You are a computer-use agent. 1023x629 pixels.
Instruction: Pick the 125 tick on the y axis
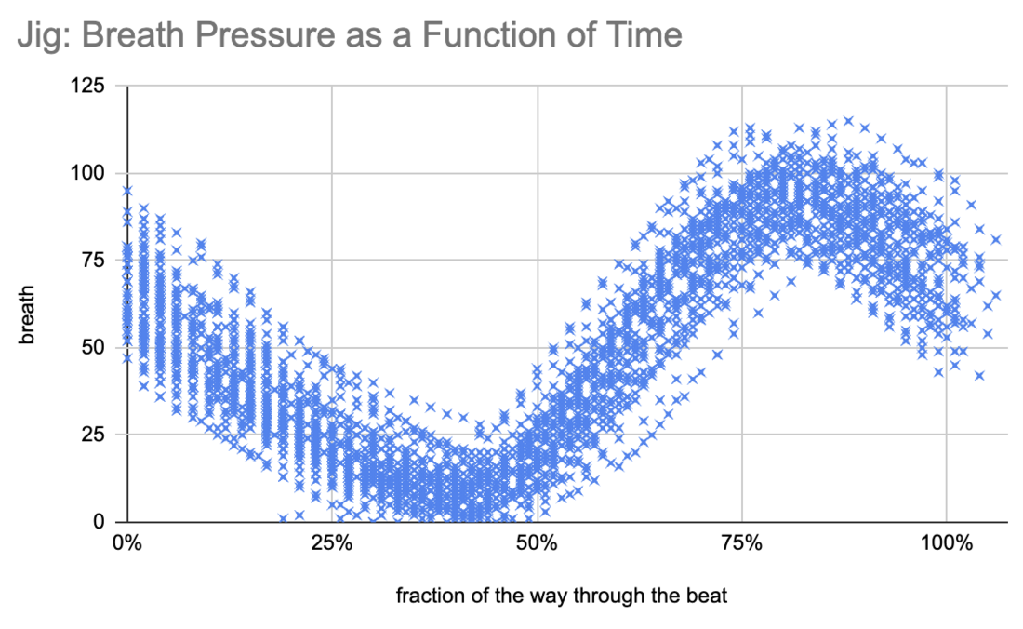[x=90, y=87]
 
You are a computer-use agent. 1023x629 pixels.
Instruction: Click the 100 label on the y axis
[x=90, y=174]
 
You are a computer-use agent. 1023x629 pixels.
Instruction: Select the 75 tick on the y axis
[x=95, y=261]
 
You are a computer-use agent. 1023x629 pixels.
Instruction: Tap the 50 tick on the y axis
[x=95, y=348]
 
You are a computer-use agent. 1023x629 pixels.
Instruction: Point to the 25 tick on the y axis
[x=95, y=435]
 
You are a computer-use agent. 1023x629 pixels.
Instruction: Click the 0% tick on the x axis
[x=126, y=543]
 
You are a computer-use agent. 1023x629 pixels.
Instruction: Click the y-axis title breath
[x=29, y=305]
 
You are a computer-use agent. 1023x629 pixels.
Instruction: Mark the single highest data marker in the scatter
[x=848, y=121]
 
